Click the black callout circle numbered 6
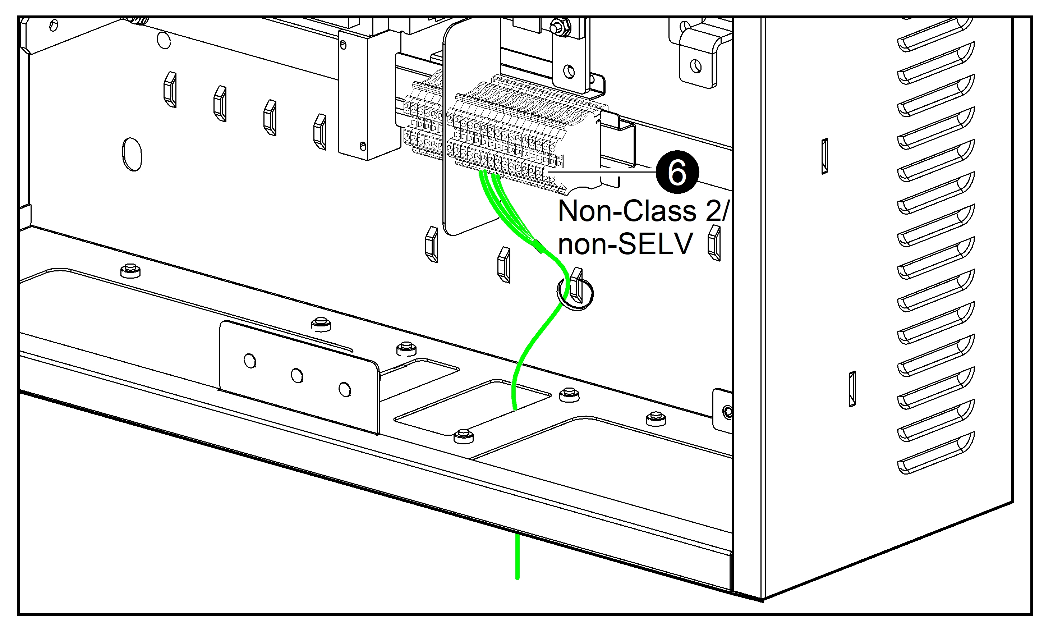677,172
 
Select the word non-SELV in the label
625,244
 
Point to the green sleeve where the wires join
538,246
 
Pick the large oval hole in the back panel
132,154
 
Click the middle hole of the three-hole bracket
296,376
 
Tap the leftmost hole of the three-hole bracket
250,361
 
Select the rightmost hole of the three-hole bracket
344,389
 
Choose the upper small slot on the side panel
824,156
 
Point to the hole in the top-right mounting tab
695,66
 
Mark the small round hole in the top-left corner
54,26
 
